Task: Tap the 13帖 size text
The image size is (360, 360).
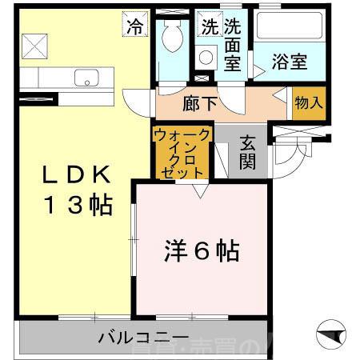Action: pos(74,205)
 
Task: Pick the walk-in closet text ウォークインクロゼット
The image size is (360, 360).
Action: pos(183,152)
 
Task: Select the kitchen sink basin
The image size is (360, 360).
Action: pos(84,78)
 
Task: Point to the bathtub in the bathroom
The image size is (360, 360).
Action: pos(289,27)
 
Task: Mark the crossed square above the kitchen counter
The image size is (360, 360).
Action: pos(34,46)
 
